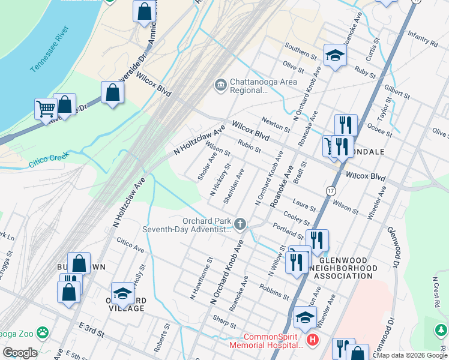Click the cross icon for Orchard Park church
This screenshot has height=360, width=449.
tap(240, 224)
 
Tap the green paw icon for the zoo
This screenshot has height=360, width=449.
tap(43, 332)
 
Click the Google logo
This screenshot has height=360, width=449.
tap(20, 352)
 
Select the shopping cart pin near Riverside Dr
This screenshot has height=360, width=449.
tap(45, 109)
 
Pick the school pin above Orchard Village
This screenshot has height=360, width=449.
tap(122, 293)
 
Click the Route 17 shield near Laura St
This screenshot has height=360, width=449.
tap(330, 190)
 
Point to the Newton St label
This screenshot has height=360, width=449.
tap(276, 123)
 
